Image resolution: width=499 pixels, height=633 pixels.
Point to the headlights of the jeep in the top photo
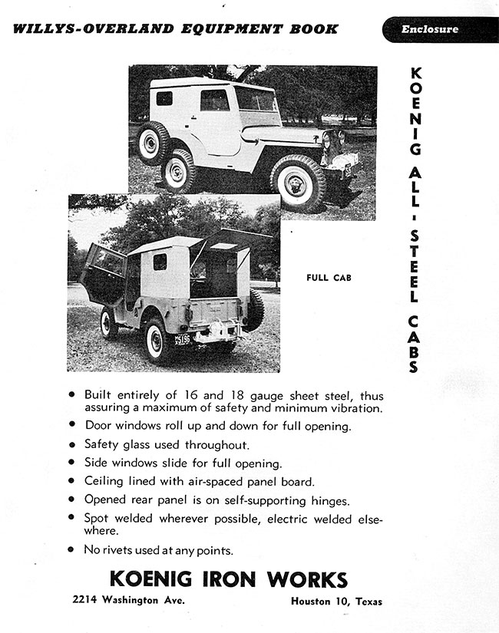tap(332, 140)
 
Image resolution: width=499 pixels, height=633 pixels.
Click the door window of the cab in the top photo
tap(214, 100)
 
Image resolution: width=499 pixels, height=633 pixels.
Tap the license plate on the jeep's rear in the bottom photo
tap(183, 338)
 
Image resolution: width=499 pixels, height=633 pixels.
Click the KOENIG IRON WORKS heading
tap(228, 579)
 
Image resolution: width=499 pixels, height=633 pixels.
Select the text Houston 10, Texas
tap(336, 602)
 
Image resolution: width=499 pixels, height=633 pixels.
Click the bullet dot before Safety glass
tap(71, 444)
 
